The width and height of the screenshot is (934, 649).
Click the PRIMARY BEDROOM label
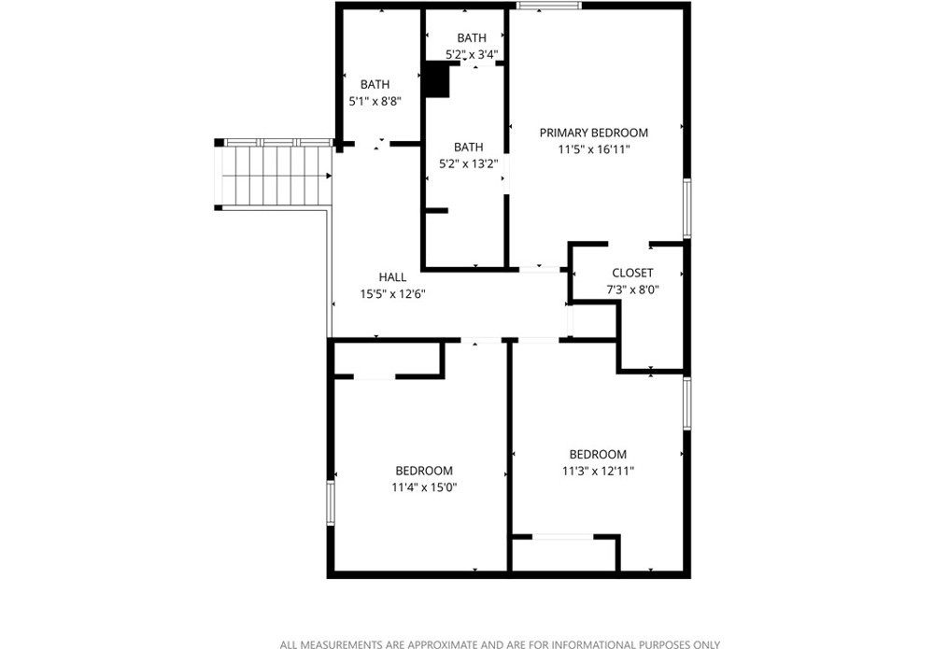[x=593, y=133]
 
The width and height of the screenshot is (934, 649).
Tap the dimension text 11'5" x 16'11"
[x=593, y=149]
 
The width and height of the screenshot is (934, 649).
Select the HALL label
[x=392, y=276]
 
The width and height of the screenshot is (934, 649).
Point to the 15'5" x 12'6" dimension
[x=392, y=293]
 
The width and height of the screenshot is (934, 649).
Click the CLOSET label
[x=632, y=273]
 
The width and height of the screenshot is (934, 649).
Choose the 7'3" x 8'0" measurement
[x=632, y=290]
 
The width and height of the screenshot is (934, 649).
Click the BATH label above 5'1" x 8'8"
[x=375, y=85]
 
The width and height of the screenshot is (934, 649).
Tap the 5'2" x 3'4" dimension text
[x=471, y=54]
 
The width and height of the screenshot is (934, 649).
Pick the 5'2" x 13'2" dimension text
[x=468, y=163]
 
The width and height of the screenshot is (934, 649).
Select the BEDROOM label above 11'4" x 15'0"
[x=424, y=471]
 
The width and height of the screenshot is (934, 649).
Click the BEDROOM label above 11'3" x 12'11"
[x=598, y=454]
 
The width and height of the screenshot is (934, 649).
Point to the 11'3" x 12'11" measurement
[x=598, y=471]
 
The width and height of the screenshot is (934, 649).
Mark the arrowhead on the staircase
[x=329, y=176]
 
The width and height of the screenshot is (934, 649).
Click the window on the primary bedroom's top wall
[x=548, y=6]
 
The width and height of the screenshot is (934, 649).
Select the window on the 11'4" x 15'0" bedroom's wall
[x=330, y=503]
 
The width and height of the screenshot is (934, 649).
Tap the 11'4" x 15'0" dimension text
[x=424, y=487]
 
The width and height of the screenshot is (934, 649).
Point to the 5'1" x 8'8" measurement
[x=375, y=101]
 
